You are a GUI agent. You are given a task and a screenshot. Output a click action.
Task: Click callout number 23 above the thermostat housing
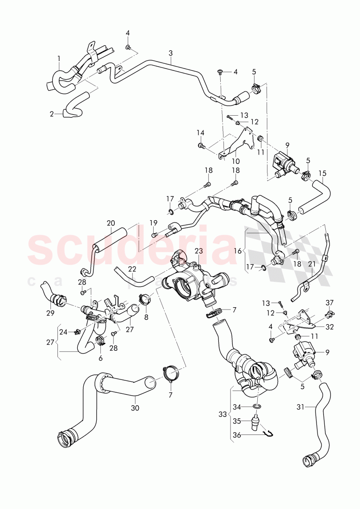(199, 251)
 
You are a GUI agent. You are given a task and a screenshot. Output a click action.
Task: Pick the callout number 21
(311, 263)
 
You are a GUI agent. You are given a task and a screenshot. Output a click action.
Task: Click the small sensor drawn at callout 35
(254, 422)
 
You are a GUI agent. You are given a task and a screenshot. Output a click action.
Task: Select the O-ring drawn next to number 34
(257, 407)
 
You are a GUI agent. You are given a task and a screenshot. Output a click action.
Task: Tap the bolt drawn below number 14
(201, 146)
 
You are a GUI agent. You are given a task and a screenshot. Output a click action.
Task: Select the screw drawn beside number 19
(155, 235)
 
